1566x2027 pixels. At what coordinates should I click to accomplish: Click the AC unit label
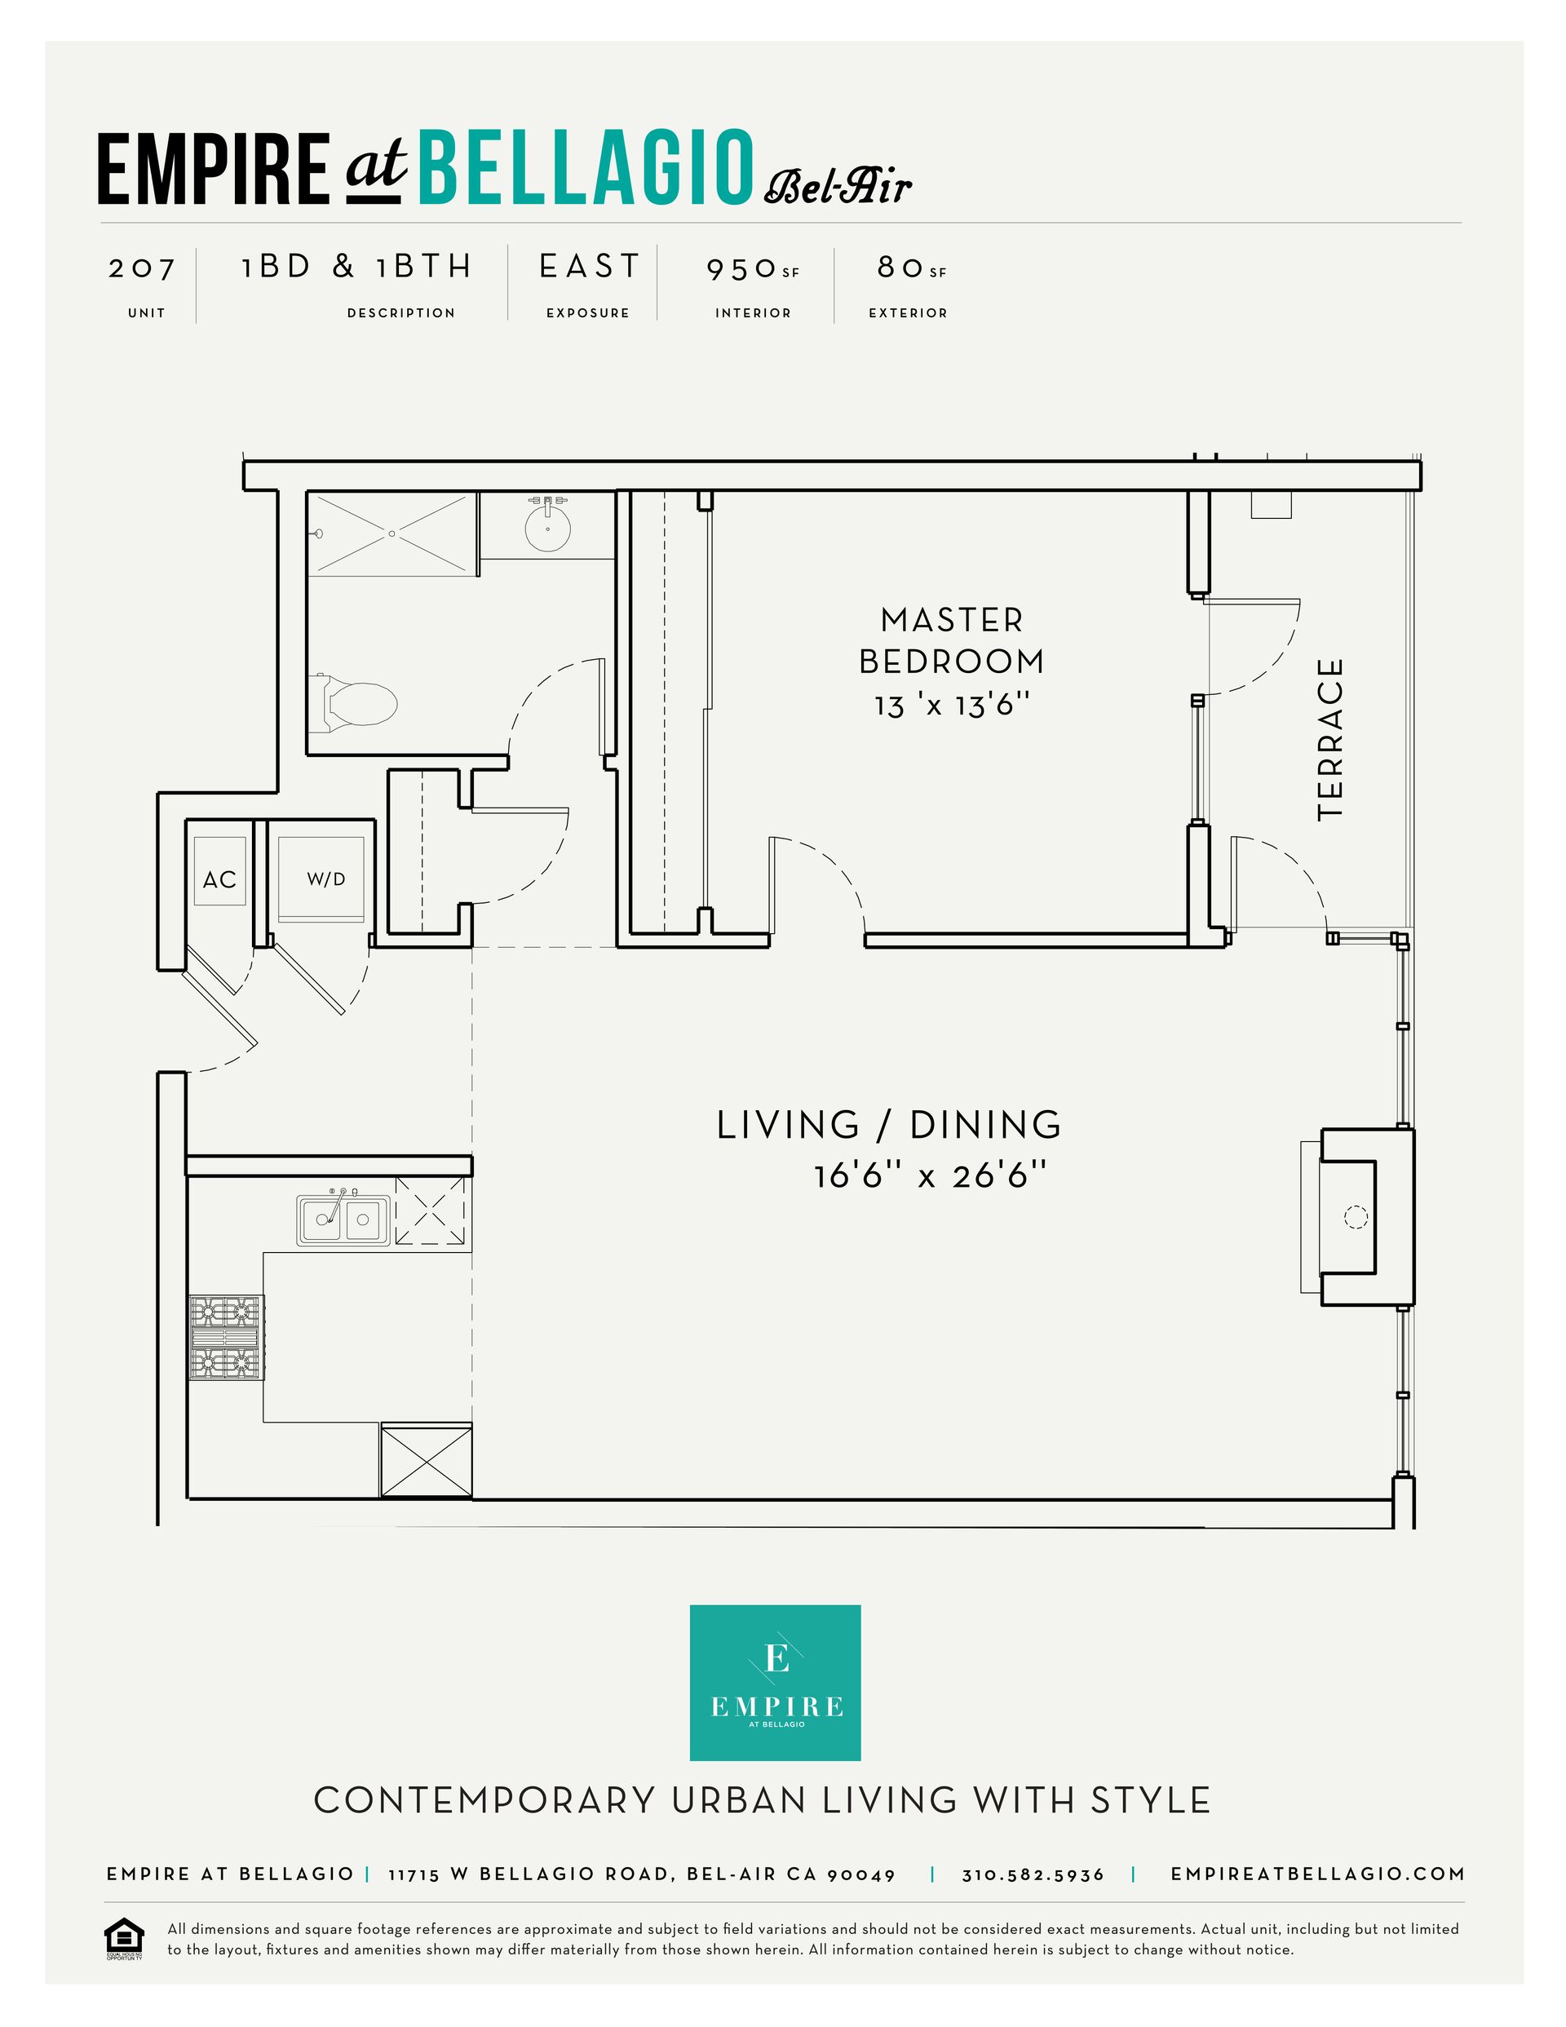(220, 879)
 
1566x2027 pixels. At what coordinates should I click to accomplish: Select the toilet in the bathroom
(357, 701)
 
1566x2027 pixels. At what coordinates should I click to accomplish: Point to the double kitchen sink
(343, 1219)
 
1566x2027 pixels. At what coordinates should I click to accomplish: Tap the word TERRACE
(1330, 739)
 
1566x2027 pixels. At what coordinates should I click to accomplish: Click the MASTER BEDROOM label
(953, 640)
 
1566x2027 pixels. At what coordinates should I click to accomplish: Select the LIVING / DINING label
(889, 1124)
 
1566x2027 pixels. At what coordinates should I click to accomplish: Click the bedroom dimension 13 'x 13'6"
(953, 706)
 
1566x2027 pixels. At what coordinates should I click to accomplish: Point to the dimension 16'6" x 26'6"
(930, 1176)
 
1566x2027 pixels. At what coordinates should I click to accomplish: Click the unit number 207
(142, 268)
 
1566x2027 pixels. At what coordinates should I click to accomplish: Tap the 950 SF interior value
(753, 269)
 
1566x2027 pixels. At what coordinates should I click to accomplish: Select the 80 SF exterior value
(912, 268)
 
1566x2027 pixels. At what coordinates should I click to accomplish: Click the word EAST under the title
(590, 267)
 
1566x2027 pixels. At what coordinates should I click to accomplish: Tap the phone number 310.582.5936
(1033, 1874)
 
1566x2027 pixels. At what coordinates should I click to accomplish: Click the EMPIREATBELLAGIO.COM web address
(1318, 1874)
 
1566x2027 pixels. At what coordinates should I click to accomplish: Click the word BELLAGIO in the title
(586, 167)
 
